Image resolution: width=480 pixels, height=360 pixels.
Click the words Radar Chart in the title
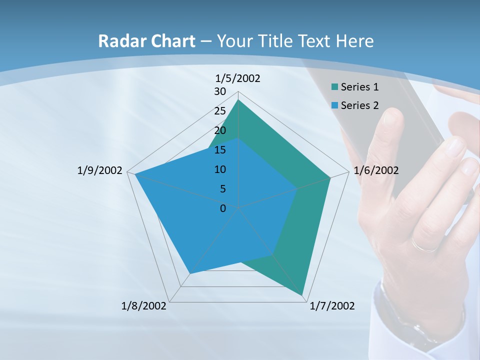[x=146, y=41]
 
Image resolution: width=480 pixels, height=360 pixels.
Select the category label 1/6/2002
[x=376, y=170]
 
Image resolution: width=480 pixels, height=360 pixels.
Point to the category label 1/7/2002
[x=332, y=306]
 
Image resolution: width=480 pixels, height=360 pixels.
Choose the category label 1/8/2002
[x=143, y=306]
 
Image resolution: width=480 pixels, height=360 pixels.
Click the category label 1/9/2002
[x=100, y=170]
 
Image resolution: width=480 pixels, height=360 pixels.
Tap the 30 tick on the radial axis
[x=220, y=91]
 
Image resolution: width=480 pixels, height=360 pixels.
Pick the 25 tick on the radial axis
[x=220, y=111]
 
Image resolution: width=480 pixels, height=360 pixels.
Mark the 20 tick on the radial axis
[x=220, y=130]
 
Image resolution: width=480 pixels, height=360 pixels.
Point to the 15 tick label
[x=220, y=150]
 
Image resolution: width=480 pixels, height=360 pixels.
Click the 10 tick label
[x=220, y=169]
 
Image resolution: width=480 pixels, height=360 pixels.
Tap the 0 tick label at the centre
[x=223, y=208]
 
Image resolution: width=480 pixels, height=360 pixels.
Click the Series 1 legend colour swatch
[x=334, y=87]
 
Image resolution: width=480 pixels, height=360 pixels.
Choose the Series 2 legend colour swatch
[x=334, y=105]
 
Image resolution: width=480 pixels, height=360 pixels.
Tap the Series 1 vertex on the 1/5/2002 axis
[x=238, y=99]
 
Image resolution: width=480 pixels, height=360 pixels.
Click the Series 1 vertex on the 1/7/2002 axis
[x=302, y=295]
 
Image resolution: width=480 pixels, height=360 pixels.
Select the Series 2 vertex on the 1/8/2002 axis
[x=189, y=273]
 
